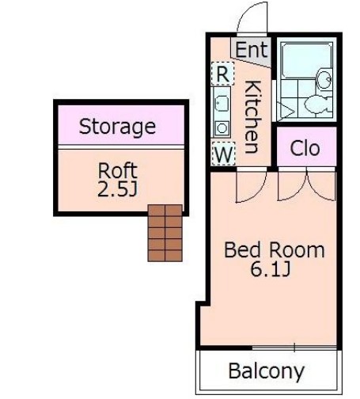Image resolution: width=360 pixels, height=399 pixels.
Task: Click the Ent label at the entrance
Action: tap(252, 50)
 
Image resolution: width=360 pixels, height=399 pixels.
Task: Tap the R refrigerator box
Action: tap(222, 74)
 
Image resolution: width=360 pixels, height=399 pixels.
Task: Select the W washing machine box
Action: tap(223, 154)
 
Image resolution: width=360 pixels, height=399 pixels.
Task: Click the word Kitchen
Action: tap(253, 116)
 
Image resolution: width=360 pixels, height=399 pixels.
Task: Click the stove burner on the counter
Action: tap(222, 128)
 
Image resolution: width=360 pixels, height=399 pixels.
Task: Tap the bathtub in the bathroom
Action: tap(306, 60)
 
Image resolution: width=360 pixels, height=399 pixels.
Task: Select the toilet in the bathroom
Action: tap(318, 104)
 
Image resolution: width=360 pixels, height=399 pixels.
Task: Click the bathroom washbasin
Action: tap(324, 78)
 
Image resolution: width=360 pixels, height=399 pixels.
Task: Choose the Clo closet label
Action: tap(305, 148)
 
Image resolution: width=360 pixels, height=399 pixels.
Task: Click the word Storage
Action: tap(117, 127)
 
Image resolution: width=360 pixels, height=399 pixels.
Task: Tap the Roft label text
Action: tap(118, 170)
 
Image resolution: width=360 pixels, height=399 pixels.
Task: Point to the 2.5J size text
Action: tap(118, 188)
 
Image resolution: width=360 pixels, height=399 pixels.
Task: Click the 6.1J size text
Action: tap(271, 269)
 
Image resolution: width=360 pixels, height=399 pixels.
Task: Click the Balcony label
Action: tap(267, 371)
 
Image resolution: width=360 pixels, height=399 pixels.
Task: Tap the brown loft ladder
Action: tap(165, 233)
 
